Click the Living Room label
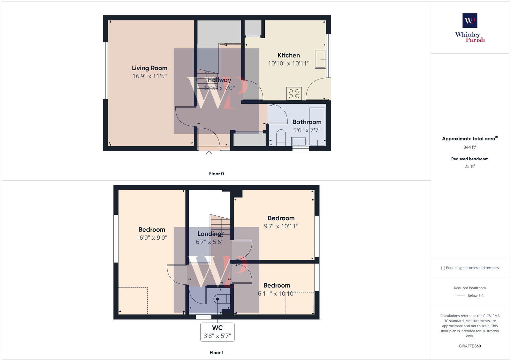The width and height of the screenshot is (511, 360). (x=149, y=68)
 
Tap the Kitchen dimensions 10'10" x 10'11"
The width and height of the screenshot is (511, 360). (x=288, y=64)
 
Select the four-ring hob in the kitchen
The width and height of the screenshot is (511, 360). (x=294, y=94)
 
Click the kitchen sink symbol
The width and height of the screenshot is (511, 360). (x=320, y=59)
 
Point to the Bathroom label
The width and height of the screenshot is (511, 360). (x=307, y=122)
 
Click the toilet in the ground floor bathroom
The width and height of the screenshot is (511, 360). (x=281, y=137)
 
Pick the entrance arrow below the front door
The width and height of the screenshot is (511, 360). (x=209, y=154)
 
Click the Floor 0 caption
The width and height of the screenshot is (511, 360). (x=216, y=174)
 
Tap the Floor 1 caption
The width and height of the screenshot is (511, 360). (x=216, y=353)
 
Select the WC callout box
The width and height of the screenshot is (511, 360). (x=217, y=332)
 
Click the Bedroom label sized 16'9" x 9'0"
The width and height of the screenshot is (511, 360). (x=152, y=229)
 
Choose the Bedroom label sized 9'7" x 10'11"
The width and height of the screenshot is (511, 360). (x=281, y=218)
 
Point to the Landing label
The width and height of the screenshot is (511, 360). (x=209, y=234)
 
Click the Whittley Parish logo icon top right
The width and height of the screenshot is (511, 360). (x=470, y=21)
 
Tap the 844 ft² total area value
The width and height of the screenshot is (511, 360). (x=470, y=147)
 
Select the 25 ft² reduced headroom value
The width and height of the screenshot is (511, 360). (x=470, y=166)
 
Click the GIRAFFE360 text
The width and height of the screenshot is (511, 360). (x=470, y=346)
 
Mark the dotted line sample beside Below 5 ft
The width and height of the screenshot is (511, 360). (x=460, y=296)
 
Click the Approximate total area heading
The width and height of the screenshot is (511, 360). (x=469, y=139)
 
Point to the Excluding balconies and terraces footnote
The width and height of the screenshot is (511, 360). (x=470, y=268)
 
